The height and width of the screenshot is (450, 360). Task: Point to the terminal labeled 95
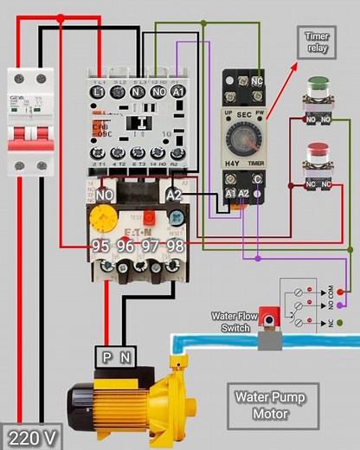[x=100, y=247]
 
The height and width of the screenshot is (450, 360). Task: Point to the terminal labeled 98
[x=176, y=247]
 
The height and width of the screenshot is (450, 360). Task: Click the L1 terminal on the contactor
[x=98, y=91]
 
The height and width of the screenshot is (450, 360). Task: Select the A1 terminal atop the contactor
[x=179, y=91]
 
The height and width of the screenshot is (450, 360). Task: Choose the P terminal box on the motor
[x=107, y=355]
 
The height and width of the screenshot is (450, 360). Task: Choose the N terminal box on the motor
[x=126, y=355]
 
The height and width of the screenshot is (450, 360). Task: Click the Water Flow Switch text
[x=231, y=322]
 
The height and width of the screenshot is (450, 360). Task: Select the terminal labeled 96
[x=125, y=247]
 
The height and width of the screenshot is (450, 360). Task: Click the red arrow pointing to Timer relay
[x=280, y=90]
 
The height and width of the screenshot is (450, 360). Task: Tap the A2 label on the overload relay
[x=174, y=196]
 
